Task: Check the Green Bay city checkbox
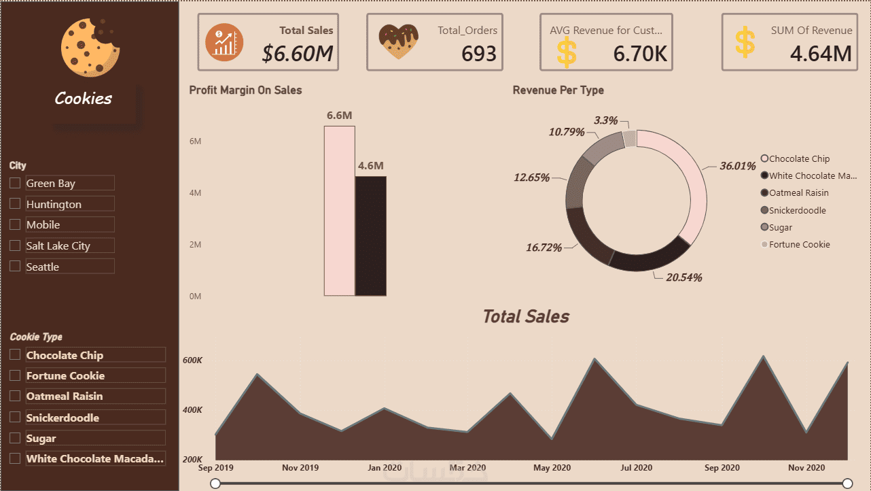(15, 183)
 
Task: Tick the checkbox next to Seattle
(15, 266)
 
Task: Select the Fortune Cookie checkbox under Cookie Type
(15, 375)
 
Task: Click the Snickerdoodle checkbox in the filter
(15, 417)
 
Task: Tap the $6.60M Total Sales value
(298, 53)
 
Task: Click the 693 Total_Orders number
(479, 53)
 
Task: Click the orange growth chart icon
(224, 42)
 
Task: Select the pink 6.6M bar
(340, 211)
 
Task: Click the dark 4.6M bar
(370, 236)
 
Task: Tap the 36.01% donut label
(738, 166)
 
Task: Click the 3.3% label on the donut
(606, 120)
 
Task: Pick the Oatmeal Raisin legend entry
(795, 192)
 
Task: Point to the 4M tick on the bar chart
(195, 193)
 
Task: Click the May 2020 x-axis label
(552, 468)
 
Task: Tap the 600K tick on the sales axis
(192, 360)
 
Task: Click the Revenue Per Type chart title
(558, 90)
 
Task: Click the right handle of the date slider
(848, 484)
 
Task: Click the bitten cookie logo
(90, 47)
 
